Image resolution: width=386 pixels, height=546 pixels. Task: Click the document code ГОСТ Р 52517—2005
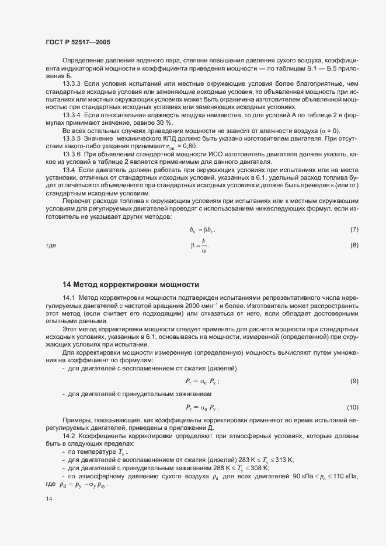click(78, 43)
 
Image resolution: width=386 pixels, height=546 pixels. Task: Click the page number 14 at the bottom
click(49, 499)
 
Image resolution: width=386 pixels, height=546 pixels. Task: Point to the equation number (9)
click(354, 381)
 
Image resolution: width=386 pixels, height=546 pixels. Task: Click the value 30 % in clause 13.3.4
click(165, 123)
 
